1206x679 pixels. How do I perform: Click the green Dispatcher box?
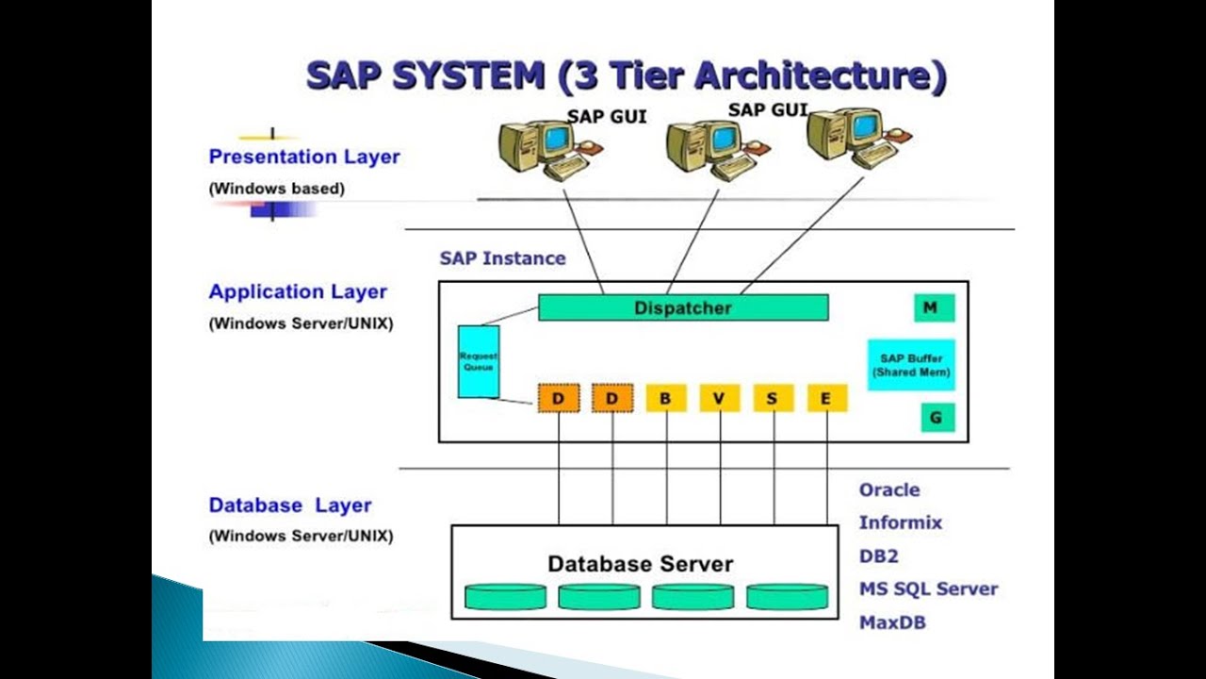click(x=683, y=307)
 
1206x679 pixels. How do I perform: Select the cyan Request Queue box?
click(x=478, y=361)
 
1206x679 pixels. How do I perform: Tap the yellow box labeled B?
click(x=665, y=399)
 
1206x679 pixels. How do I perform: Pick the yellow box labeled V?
click(x=719, y=399)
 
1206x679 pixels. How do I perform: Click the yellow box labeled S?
click(x=773, y=399)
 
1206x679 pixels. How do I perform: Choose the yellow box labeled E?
click(x=826, y=399)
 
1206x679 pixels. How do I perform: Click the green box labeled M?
click(x=934, y=307)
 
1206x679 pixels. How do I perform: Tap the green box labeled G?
click(x=936, y=417)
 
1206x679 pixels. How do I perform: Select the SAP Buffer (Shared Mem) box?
click(x=910, y=365)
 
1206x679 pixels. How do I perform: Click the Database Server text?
click(x=640, y=564)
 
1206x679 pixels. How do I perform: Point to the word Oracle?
click(x=888, y=490)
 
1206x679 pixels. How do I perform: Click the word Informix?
click(x=900, y=522)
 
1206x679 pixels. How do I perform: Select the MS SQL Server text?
click(x=927, y=589)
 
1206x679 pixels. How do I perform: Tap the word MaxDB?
click(x=891, y=623)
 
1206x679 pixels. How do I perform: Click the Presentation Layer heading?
click(x=304, y=157)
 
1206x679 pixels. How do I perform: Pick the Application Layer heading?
click(x=298, y=292)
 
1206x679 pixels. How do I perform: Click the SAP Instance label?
click(x=502, y=258)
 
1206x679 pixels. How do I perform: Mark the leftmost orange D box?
click(x=558, y=399)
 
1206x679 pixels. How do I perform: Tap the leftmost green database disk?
click(x=505, y=596)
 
